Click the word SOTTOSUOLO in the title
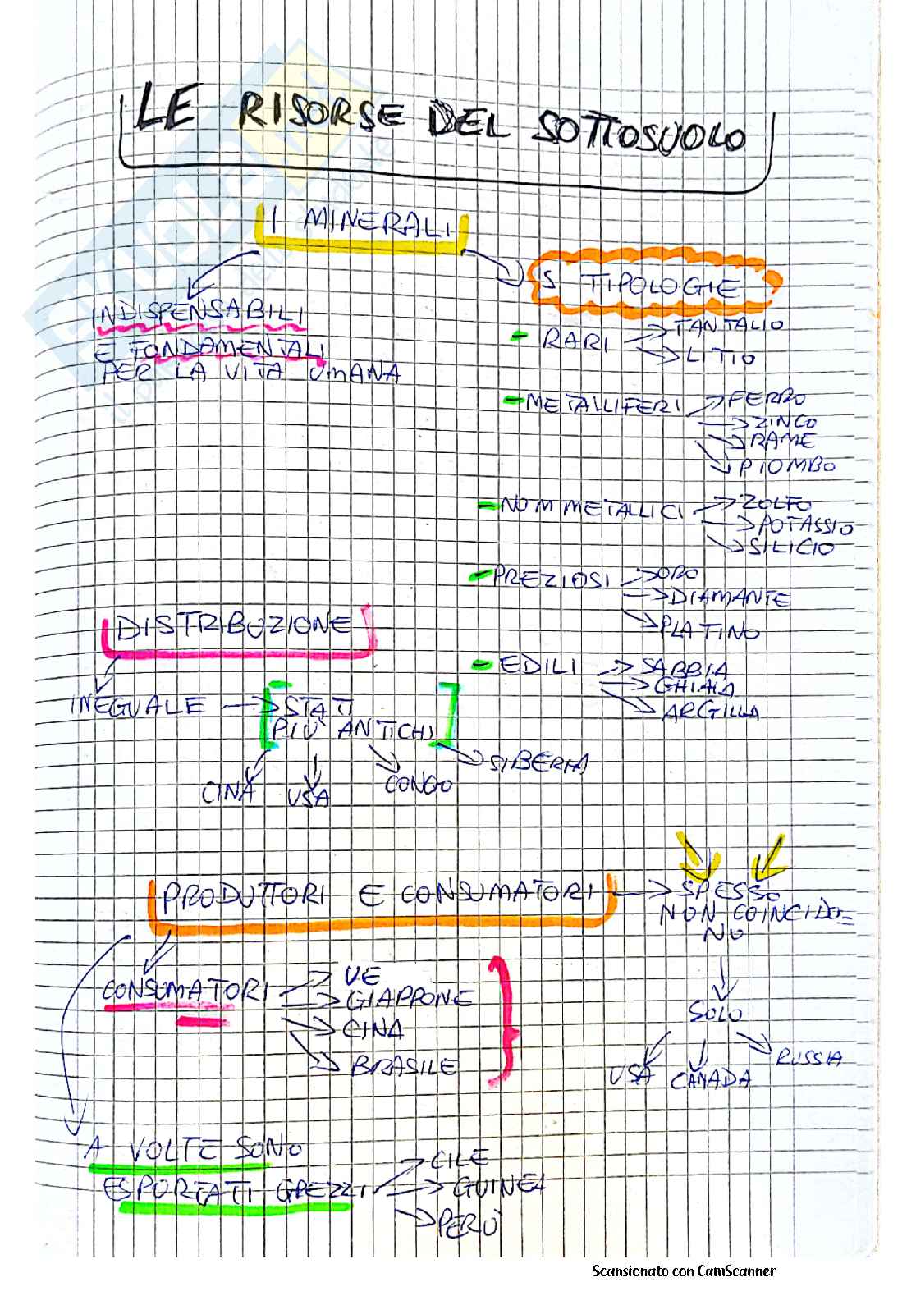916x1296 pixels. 640,135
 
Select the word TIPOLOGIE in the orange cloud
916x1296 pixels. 663,287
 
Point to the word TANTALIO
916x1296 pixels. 728,326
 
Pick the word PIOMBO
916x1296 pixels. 785,467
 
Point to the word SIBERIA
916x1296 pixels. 538,763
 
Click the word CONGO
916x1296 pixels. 419,785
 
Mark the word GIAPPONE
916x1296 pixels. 409,999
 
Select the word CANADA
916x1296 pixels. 710,1079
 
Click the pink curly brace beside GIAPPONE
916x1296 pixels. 500,1022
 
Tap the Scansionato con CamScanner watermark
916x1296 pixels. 683,1271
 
